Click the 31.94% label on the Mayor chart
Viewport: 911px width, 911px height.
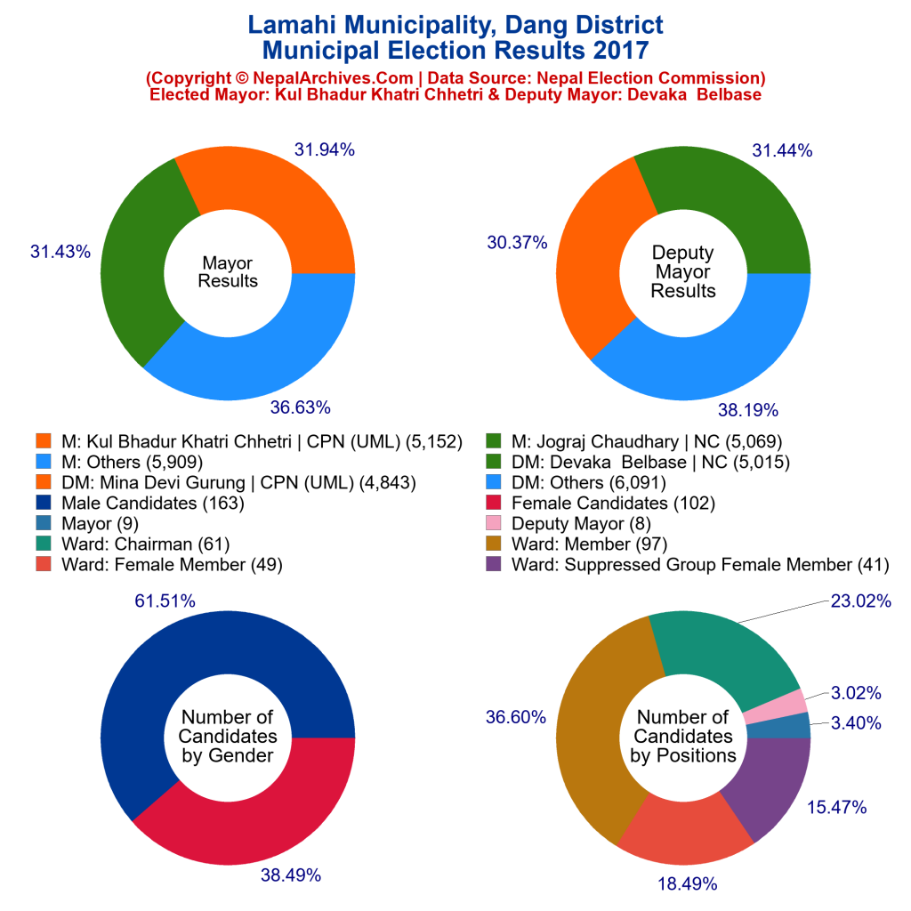click(x=325, y=150)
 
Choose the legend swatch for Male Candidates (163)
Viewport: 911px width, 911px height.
click(x=44, y=504)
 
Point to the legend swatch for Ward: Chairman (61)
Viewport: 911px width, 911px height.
click(x=44, y=544)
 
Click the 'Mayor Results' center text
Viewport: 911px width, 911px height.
click(x=228, y=272)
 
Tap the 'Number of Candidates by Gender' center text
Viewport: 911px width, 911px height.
click(x=228, y=737)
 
